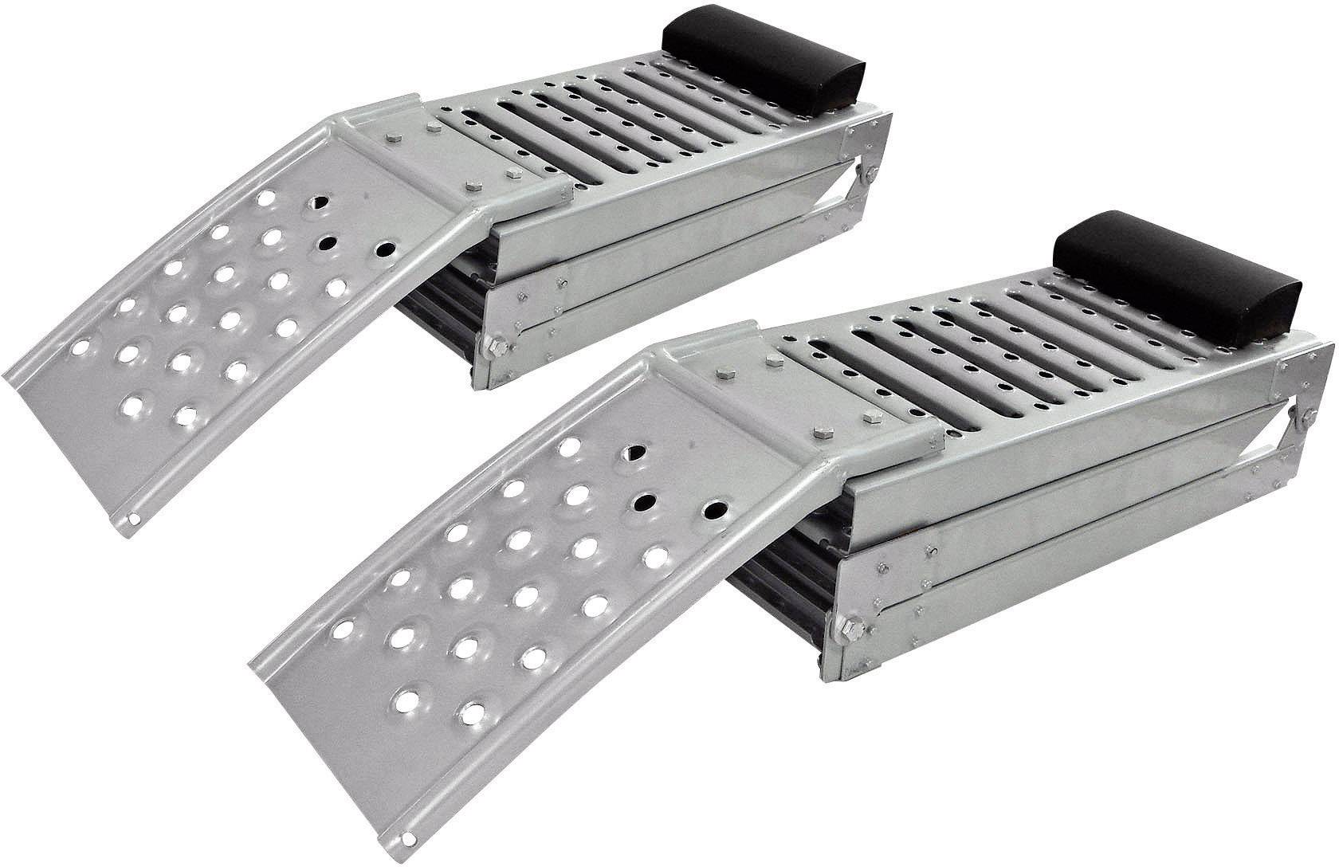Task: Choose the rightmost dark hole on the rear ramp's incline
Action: point(384,250)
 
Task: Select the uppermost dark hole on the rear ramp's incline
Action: point(312,202)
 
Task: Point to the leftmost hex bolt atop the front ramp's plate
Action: point(722,372)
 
